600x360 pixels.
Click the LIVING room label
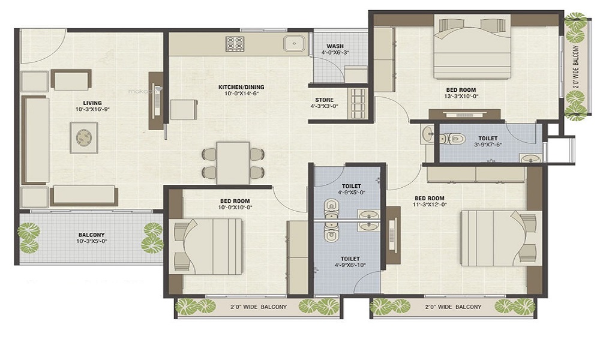92,103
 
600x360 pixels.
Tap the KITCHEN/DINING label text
241,87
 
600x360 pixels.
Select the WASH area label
335,46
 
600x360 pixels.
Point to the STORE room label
324,100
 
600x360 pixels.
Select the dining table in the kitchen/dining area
233,163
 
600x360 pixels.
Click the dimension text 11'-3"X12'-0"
429,206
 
